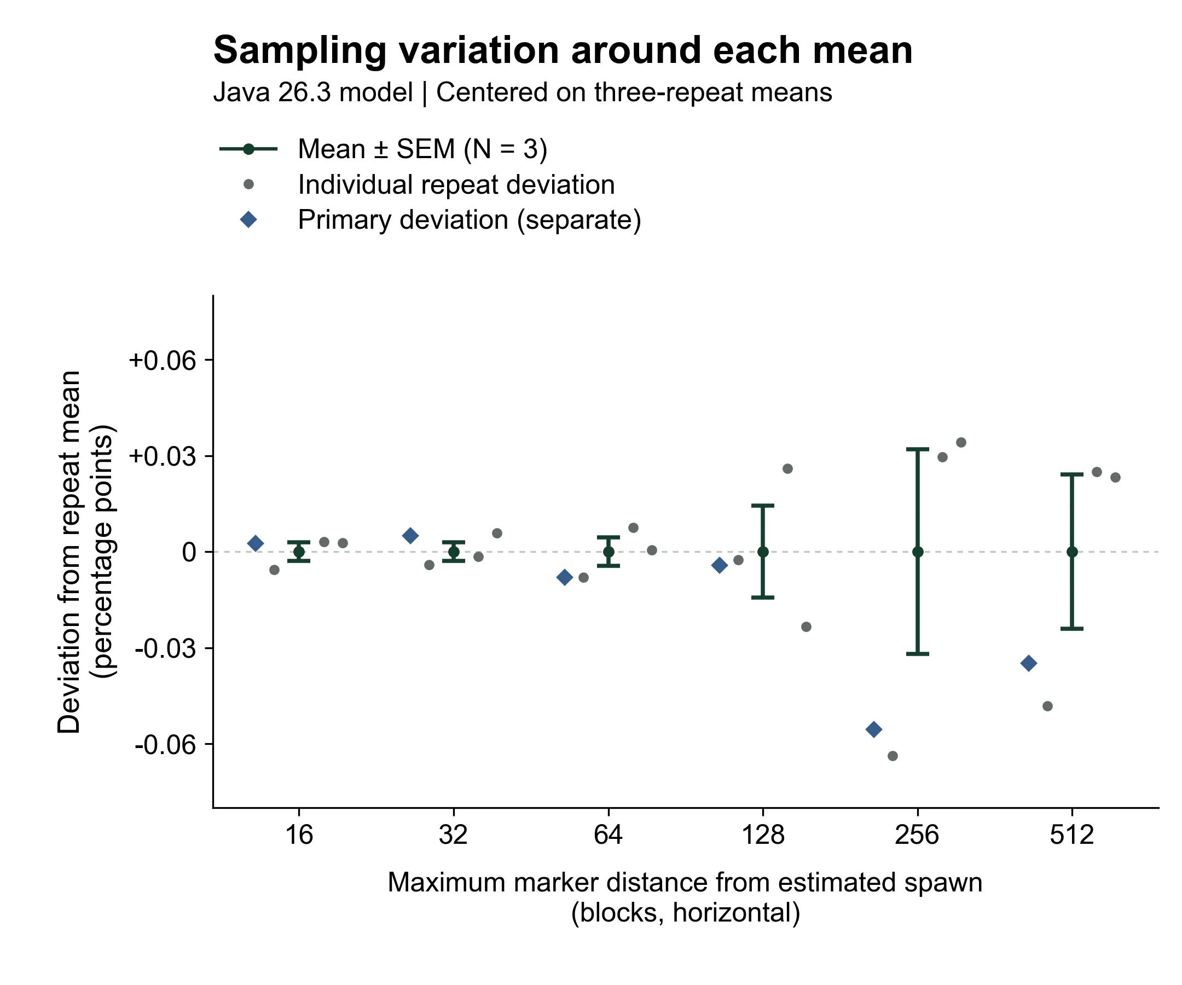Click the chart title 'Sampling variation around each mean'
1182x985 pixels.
tap(563, 51)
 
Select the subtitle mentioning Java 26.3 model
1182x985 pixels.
tap(523, 92)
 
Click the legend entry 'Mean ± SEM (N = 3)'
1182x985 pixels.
tap(422, 149)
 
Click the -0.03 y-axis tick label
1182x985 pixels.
tap(165, 648)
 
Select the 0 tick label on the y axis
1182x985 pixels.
tap(190, 552)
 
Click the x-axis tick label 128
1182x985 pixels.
tap(763, 834)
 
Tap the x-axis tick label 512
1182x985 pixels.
tap(1071, 834)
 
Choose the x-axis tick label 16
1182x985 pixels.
tap(299, 834)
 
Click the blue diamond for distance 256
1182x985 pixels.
tap(873, 730)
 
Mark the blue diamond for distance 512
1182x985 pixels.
tap(1028, 664)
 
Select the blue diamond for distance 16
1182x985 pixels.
tap(256, 543)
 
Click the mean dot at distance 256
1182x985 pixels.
tap(918, 552)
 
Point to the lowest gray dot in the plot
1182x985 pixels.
tap(893, 756)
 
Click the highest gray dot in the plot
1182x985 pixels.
tap(961, 442)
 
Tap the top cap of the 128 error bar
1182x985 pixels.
tap(763, 506)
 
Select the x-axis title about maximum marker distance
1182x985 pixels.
tap(685, 897)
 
